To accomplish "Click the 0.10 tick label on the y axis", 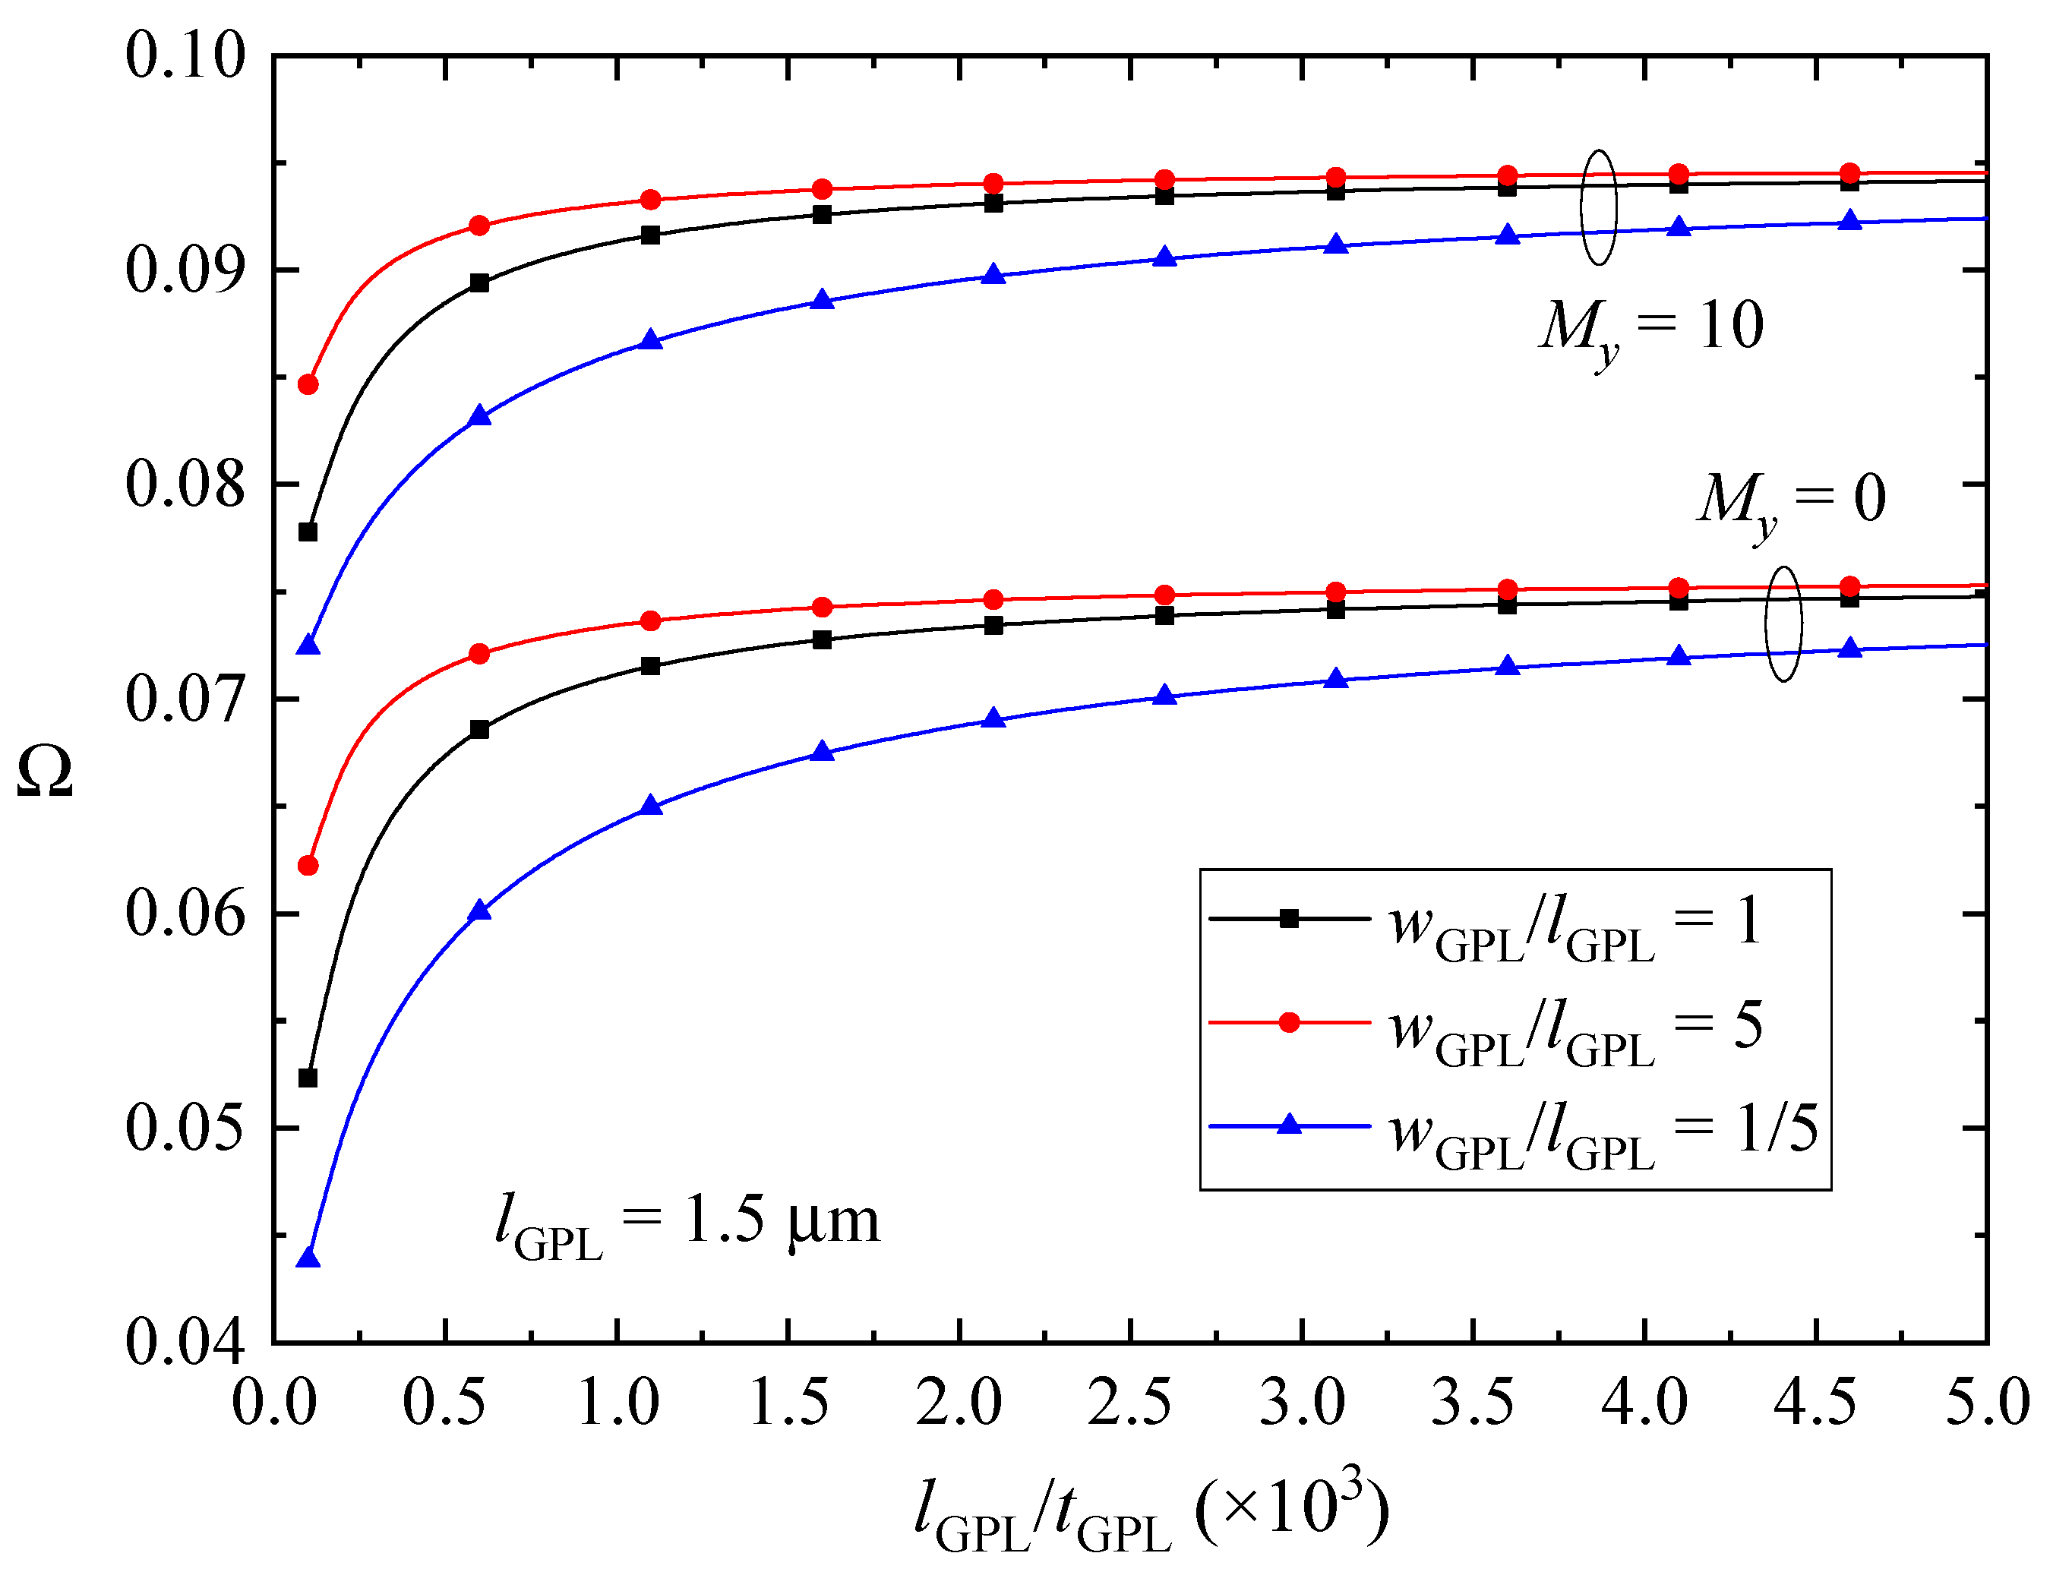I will click(x=185, y=55).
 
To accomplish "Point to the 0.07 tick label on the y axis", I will click(x=185, y=700).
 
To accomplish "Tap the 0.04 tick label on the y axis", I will click(x=185, y=1343).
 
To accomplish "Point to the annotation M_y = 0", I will click(x=1790, y=502).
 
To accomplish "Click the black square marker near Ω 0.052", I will click(x=308, y=1078).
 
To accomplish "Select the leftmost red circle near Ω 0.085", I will click(x=308, y=385).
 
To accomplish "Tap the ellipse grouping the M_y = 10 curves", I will click(x=1599, y=208).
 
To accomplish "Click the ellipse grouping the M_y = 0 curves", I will click(x=1783, y=625).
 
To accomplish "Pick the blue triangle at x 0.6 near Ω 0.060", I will click(x=479, y=911).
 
